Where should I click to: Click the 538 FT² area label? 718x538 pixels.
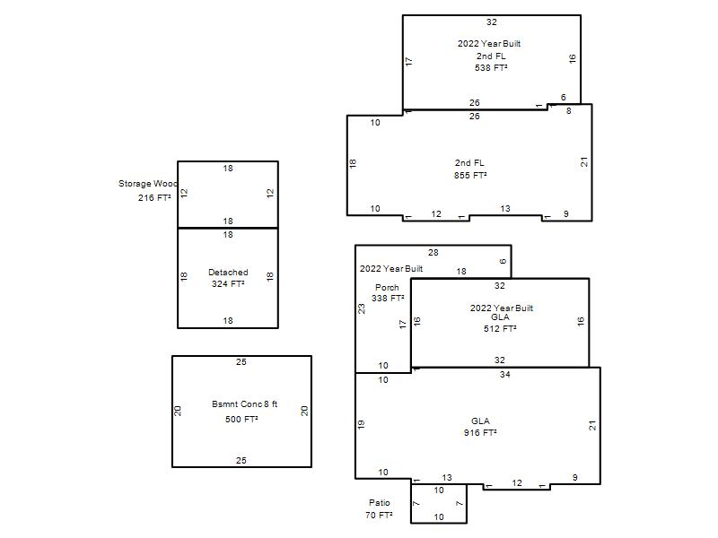coord(491,68)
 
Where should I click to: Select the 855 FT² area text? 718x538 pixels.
coord(470,175)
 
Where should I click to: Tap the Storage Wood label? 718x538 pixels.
coord(147,184)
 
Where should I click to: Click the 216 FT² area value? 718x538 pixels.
coord(154,197)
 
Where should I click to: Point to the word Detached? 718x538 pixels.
coord(228,273)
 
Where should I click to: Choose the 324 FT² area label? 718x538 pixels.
coord(228,283)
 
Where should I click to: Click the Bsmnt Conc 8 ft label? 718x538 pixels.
coord(244,404)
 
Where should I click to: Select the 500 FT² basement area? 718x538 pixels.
coord(241,419)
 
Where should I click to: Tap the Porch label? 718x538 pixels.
coord(387,287)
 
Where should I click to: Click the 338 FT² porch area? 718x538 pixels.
coord(388,299)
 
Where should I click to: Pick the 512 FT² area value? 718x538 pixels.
coord(500,328)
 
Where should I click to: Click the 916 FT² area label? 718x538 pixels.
coord(480,433)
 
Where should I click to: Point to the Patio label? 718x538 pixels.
coord(379,503)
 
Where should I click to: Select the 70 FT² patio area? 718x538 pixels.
coord(379,515)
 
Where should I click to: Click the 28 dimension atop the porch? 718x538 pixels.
coord(433,253)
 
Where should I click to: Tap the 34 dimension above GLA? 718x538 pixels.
coord(504,374)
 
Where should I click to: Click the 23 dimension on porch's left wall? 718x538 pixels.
coord(362,308)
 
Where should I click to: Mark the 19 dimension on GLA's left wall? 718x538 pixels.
coord(361,424)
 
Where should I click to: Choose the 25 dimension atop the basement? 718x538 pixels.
coord(241,362)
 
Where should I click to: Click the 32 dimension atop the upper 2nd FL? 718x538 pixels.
coord(491,22)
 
